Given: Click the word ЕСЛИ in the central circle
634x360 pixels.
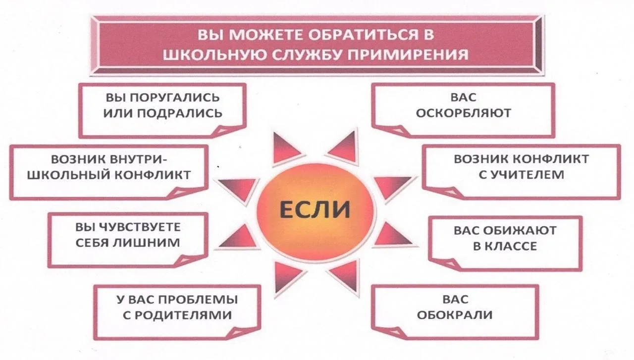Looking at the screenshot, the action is click(x=315, y=210).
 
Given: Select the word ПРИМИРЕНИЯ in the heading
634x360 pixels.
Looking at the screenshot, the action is click(x=408, y=54).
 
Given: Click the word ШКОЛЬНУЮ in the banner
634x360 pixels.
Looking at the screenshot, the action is click(x=215, y=54).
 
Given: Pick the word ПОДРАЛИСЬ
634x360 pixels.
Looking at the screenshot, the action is click(x=180, y=113).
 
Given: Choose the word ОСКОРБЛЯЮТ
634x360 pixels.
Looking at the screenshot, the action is click(x=463, y=113).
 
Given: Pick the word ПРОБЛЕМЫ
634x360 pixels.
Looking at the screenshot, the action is click(x=198, y=300).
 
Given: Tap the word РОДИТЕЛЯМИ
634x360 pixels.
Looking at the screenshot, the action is click(x=183, y=315).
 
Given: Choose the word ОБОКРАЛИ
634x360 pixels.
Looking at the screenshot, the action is click(x=455, y=315).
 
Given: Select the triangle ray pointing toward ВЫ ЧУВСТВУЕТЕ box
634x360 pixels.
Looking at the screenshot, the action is click(x=238, y=238).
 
